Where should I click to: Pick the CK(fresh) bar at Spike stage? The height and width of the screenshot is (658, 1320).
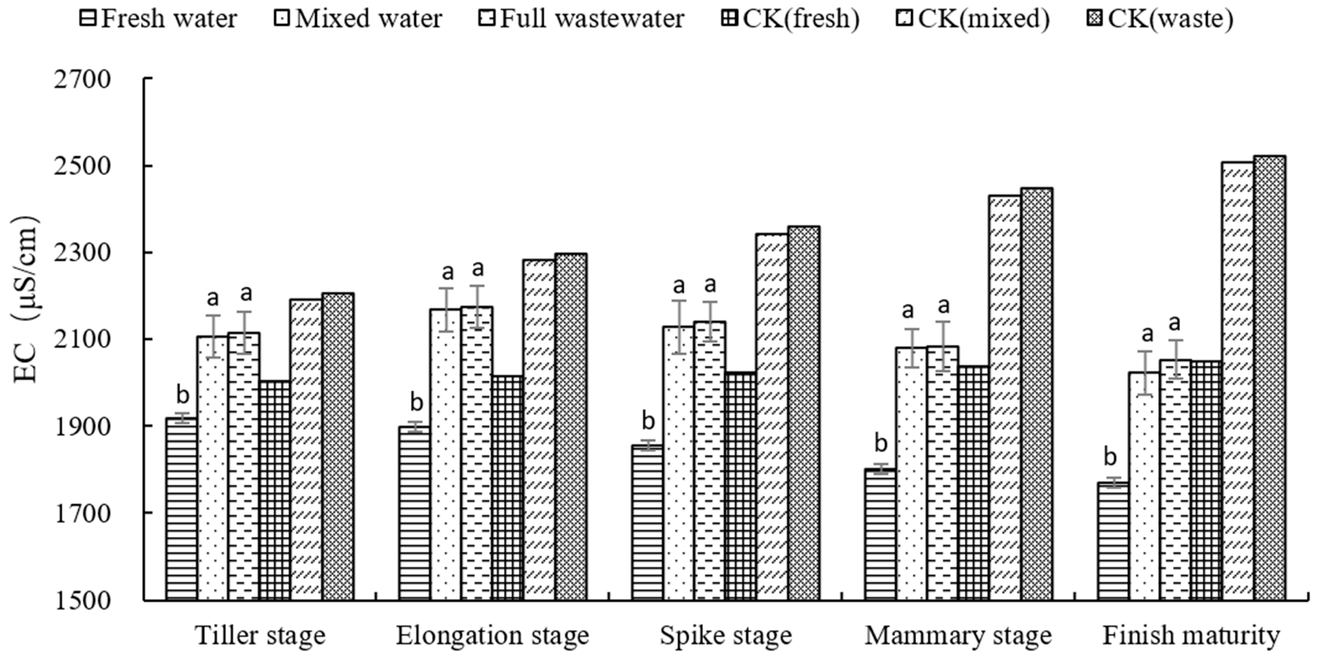tap(740, 487)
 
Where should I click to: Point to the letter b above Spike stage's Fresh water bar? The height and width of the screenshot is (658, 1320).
tap(648, 421)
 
